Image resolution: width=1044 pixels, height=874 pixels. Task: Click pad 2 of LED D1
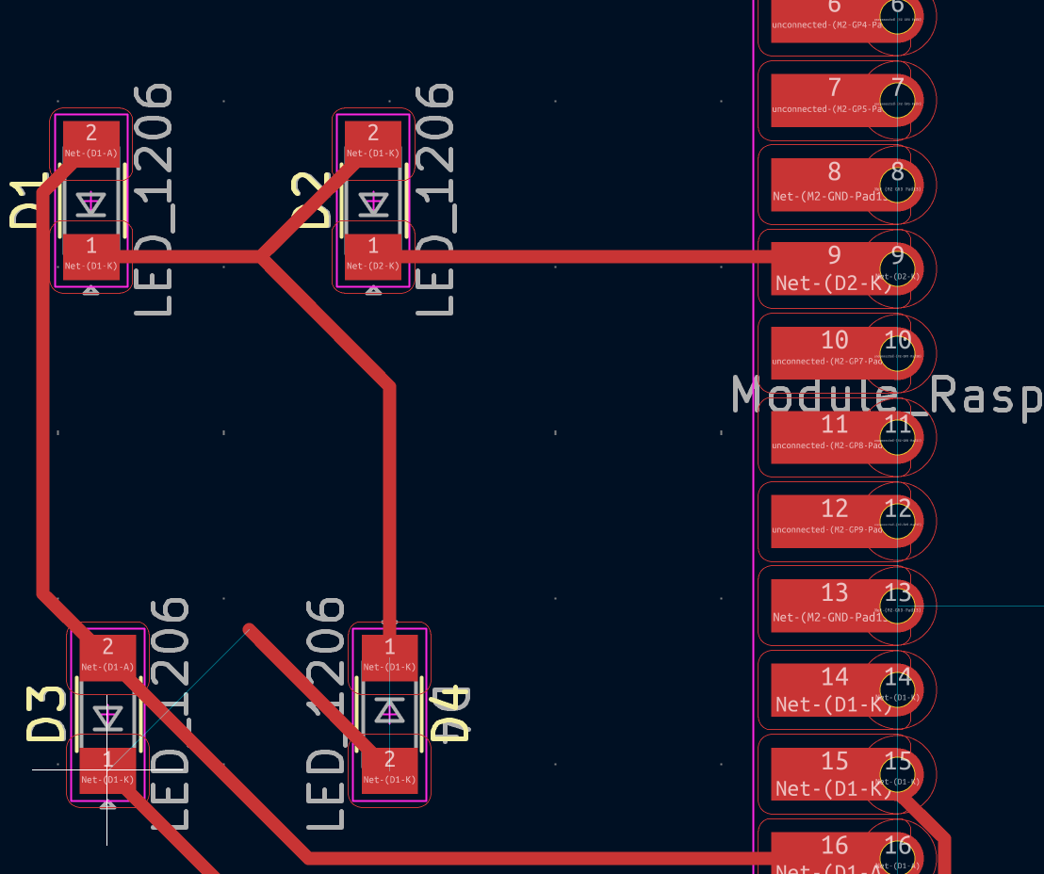coord(91,142)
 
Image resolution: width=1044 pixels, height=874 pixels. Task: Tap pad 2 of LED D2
coord(373,142)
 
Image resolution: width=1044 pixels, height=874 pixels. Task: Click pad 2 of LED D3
coord(107,655)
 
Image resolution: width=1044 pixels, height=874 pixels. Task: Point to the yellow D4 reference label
coord(450,715)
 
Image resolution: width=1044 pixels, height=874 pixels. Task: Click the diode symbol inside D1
coord(91,202)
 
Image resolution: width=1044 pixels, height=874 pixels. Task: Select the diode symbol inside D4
coord(389,711)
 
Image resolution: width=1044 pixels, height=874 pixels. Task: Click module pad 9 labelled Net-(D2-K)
coord(829,268)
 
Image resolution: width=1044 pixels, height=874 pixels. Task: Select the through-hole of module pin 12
coord(897,521)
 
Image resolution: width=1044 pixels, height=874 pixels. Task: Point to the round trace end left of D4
coord(249,629)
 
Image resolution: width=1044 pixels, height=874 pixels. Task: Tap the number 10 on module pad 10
coord(834,340)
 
